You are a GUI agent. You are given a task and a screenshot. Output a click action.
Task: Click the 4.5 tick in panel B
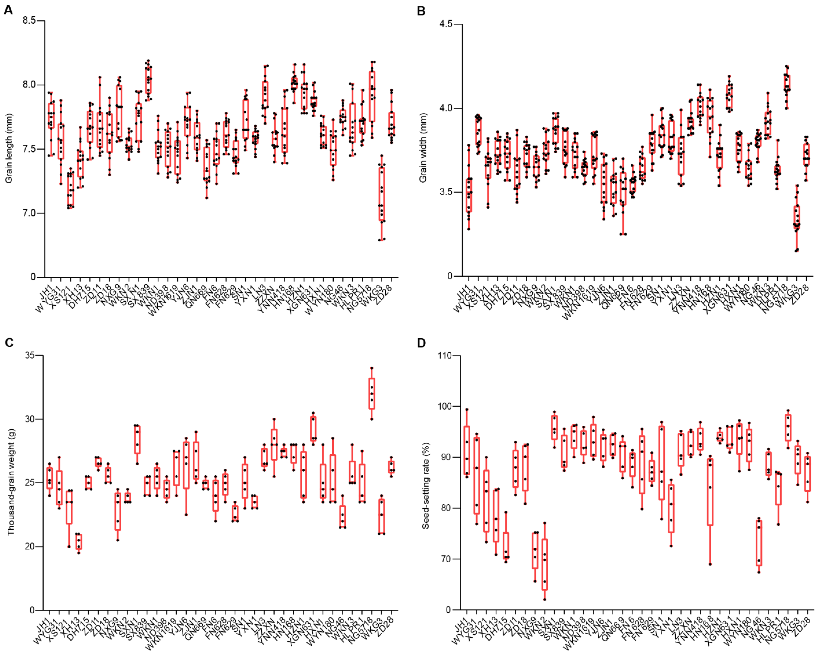pyautogui.click(x=447, y=24)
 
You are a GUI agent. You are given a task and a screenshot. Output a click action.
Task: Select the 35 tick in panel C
pyautogui.click(x=29, y=355)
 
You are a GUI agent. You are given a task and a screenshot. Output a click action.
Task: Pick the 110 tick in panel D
pyautogui.click(x=444, y=355)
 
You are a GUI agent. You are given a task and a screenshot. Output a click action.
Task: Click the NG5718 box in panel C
pyautogui.click(x=372, y=393)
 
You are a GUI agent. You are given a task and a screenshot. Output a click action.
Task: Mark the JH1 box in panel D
pyautogui.click(x=467, y=450)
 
